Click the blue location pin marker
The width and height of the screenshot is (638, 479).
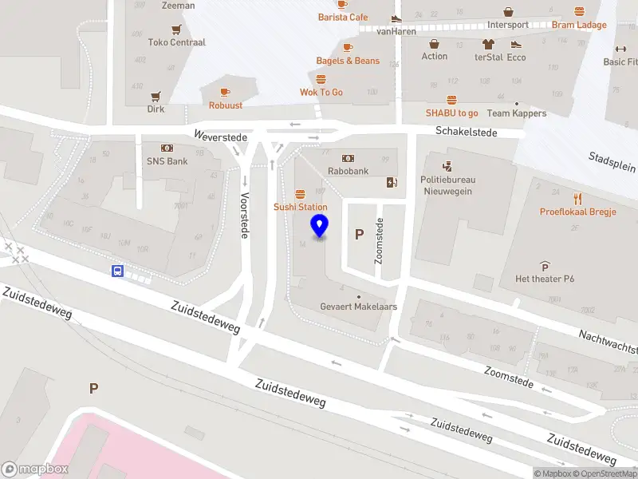pyautogui.click(x=320, y=226)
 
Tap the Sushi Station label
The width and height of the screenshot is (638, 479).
pyautogui.click(x=301, y=207)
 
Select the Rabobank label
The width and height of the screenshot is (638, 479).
pyautogui.click(x=348, y=171)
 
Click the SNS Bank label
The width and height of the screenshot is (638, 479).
pyautogui.click(x=167, y=160)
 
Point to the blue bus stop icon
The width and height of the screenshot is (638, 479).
pyautogui.click(x=117, y=271)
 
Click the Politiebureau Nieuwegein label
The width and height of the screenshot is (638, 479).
pyautogui.click(x=447, y=185)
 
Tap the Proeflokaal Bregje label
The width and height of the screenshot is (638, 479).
pyautogui.click(x=577, y=212)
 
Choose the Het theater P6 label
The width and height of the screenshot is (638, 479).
pyautogui.click(x=545, y=278)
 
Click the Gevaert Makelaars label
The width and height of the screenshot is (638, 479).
pyautogui.click(x=358, y=307)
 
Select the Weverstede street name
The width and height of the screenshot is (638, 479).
pyautogui.click(x=221, y=137)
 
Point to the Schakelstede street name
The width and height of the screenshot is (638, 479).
pyautogui.click(x=467, y=132)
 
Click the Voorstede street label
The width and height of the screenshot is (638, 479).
pyautogui.click(x=245, y=215)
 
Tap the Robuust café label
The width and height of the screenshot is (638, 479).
pyautogui.click(x=226, y=105)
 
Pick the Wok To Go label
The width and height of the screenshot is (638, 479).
pyautogui.click(x=321, y=92)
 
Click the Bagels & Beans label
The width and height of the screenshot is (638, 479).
pyautogui.click(x=348, y=61)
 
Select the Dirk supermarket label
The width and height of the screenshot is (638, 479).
pyautogui.click(x=156, y=109)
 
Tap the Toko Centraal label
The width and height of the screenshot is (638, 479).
pyautogui.click(x=177, y=42)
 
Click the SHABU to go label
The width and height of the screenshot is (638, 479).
pyautogui.click(x=451, y=113)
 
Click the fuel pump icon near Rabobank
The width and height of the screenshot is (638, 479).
pyautogui.click(x=391, y=182)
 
